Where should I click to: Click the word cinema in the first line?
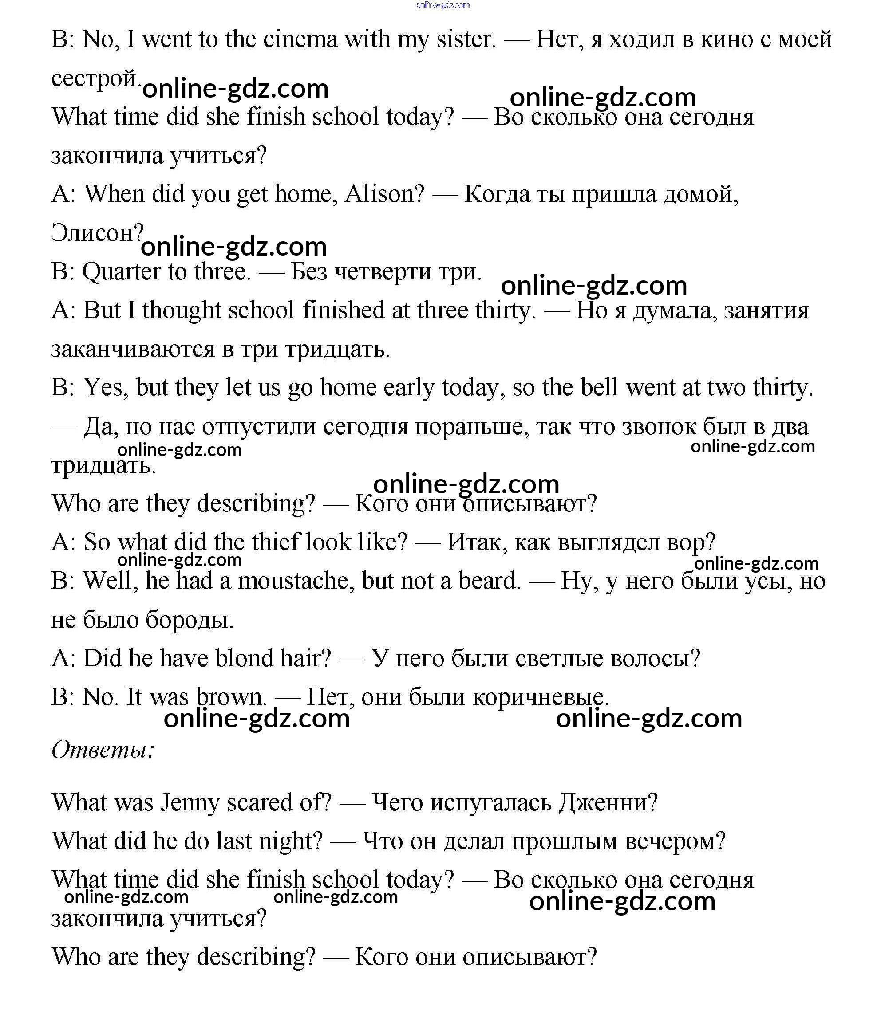[300, 39]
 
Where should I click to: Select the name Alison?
[384, 194]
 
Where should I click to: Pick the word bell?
[599, 388]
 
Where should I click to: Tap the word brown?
[230, 697]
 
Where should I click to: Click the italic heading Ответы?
[103, 749]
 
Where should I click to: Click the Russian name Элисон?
[97, 233]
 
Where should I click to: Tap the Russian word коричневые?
[540, 697]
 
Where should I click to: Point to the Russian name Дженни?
[608, 803]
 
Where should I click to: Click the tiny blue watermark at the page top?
[442, 5]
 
